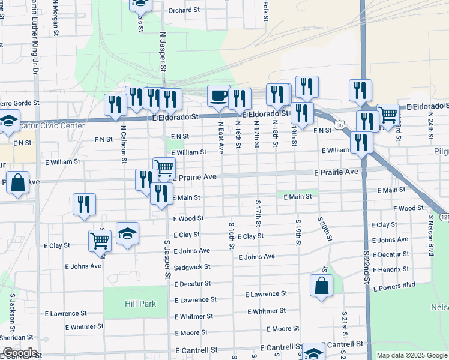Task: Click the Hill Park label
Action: pyautogui.click(x=140, y=304)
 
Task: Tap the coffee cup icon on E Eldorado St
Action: pyautogui.click(x=218, y=95)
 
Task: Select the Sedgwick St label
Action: pyautogui.click(x=193, y=266)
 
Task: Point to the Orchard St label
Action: pyautogui.click(x=183, y=10)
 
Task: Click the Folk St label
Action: pyautogui.click(x=265, y=10)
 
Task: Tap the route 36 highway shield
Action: pyautogui.click(x=340, y=125)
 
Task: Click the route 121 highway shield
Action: pyautogui.click(x=444, y=216)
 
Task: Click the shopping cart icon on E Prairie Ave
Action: pyautogui.click(x=164, y=168)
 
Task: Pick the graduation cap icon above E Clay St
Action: pyautogui.click(x=127, y=233)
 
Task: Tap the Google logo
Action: pyautogui.click(x=20, y=353)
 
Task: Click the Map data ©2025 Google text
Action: pyautogui.click(x=411, y=355)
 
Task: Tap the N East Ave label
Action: pyautogui.click(x=221, y=139)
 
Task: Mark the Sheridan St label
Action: pyautogui.click(x=17, y=337)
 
